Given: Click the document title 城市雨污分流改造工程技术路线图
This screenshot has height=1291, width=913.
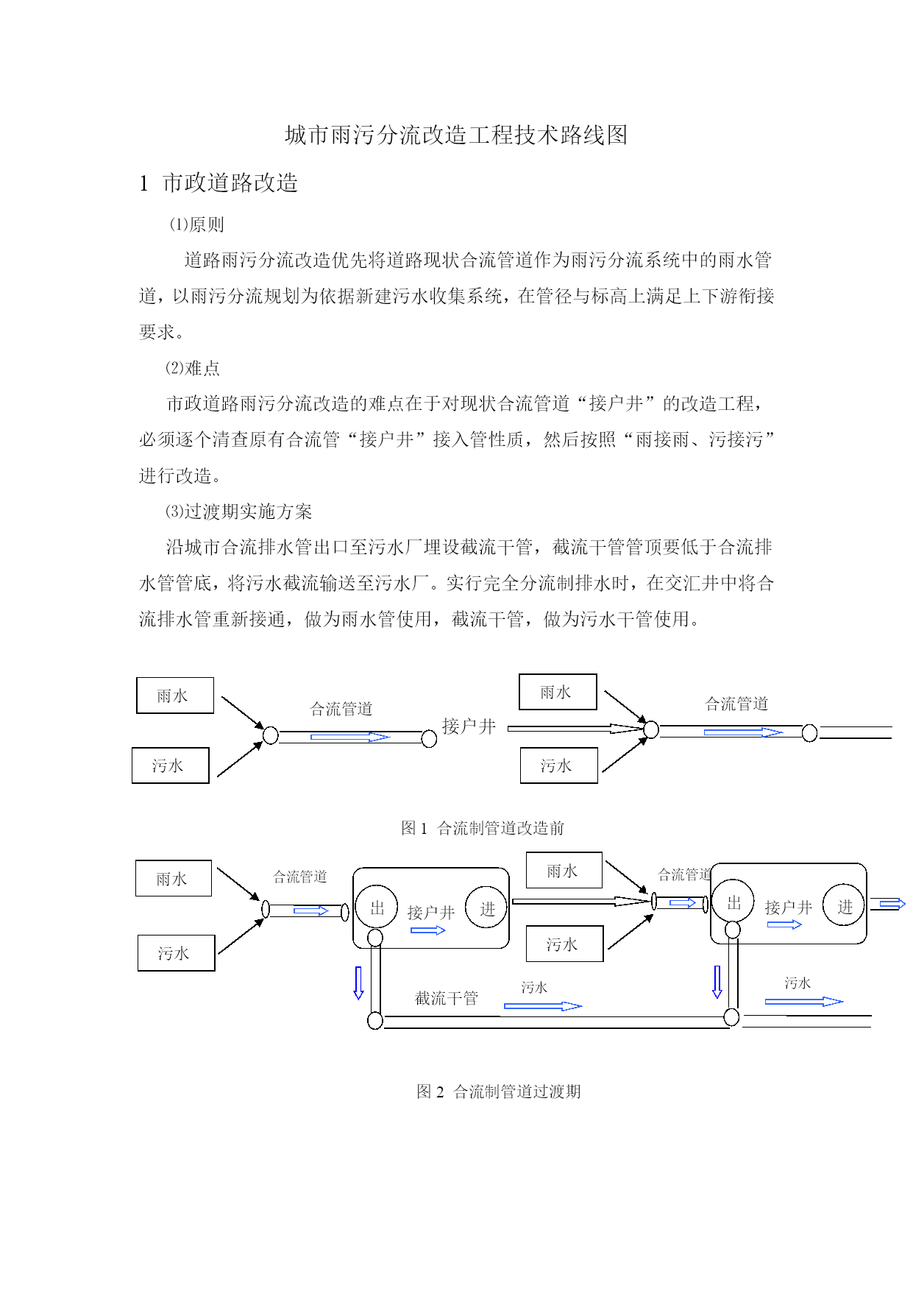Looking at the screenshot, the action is (x=456, y=135).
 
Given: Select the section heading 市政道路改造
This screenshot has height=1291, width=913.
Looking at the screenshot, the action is (x=230, y=183).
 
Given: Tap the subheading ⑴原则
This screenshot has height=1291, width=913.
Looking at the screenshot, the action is (x=196, y=224).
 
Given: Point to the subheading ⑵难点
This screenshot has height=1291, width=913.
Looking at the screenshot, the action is (x=192, y=368).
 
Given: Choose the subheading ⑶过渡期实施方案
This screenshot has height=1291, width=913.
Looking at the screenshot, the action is (x=238, y=512).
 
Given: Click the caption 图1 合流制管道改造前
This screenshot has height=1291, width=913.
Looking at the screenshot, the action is (x=483, y=828).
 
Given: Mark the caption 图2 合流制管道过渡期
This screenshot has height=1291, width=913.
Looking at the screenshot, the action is (x=499, y=1092).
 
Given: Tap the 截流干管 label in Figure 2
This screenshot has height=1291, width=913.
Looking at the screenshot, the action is (x=447, y=998).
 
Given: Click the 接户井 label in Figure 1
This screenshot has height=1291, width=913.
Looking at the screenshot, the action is (x=469, y=726).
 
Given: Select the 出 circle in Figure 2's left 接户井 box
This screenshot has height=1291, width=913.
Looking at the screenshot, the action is (x=377, y=907).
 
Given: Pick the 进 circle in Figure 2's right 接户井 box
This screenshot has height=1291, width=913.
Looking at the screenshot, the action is (x=843, y=905).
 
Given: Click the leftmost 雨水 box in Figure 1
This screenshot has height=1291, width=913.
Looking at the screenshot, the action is (x=175, y=696).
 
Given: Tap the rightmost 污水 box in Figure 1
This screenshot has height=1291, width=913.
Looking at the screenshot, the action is (x=559, y=765).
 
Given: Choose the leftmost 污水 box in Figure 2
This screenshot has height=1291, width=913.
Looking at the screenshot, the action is (x=177, y=953).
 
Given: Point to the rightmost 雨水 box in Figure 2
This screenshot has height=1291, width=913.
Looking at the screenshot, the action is (x=564, y=871).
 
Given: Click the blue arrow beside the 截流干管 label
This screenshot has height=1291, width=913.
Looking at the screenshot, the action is (x=543, y=1005).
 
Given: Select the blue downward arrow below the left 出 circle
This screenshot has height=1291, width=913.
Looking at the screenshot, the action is (x=358, y=983).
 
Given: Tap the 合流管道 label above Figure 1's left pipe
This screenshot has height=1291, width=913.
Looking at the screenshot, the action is (x=341, y=709).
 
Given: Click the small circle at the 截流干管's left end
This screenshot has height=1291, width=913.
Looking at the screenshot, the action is (x=375, y=1020).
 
